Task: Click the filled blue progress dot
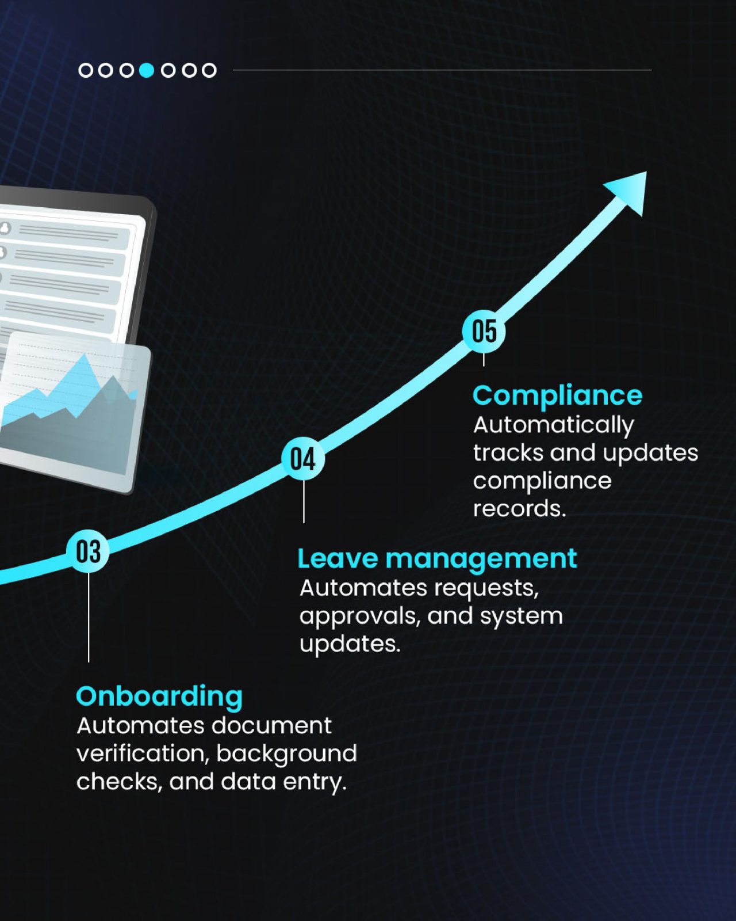(147, 70)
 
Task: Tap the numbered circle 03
(88, 551)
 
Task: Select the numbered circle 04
(303, 459)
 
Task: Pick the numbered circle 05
(484, 331)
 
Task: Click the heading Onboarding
(159, 697)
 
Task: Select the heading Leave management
(437, 558)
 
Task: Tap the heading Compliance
(557, 395)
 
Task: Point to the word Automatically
(553, 425)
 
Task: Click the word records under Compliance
(519, 508)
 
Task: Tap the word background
(286, 754)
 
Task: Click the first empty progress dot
(85, 70)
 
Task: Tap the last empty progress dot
(209, 70)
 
